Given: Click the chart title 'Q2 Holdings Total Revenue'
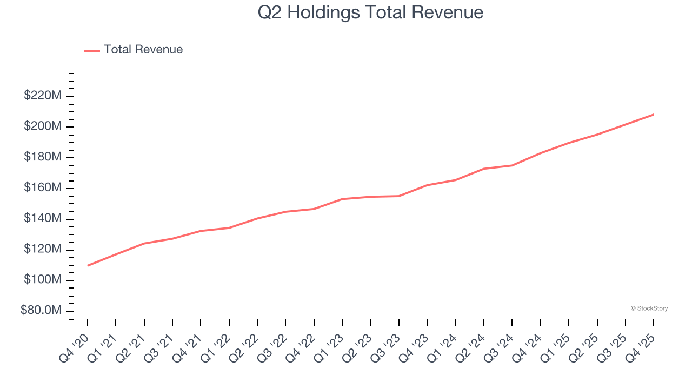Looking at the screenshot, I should coord(370,12).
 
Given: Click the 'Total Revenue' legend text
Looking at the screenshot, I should coord(143,50).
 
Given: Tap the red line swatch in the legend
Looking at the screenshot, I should coord(92,50).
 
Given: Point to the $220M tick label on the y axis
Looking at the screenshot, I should coord(42,96).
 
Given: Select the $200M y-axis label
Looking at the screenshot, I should coord(42,126).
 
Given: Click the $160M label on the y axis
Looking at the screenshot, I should coord(42,188).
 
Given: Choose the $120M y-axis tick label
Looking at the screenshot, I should coord(42,250).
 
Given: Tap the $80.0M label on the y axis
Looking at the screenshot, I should coord(41,311).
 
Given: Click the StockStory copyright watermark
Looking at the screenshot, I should coord(649,308).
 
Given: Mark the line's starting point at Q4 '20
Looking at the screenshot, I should coord(88,265).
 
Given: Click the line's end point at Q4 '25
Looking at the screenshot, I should coord(654,115).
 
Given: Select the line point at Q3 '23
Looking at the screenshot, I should coord(399,196).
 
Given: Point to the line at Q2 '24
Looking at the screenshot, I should coord(484,169).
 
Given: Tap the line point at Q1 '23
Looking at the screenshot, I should coord(342,199).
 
